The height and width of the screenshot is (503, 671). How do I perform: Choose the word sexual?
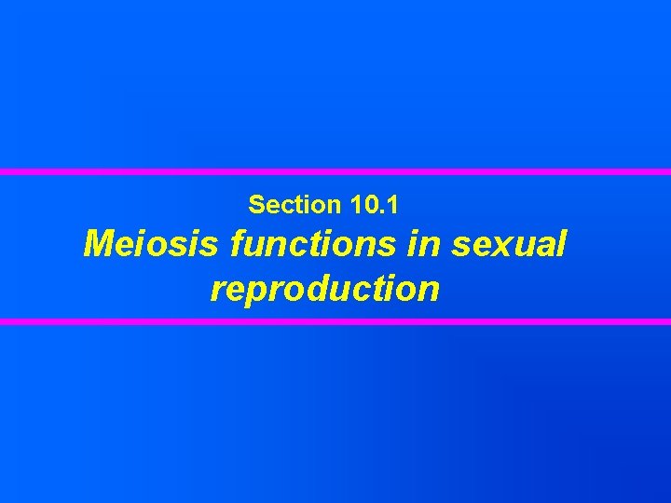(x=509, y=244)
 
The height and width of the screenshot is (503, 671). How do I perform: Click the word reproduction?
(x=324, y=289)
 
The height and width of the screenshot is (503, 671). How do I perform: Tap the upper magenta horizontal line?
(x=335, y=172)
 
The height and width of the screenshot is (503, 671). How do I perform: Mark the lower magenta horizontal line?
(x=335, y=321)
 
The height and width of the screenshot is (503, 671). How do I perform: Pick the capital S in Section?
(x=256, y=202)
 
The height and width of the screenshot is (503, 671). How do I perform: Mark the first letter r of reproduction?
(x=218, y=291)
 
